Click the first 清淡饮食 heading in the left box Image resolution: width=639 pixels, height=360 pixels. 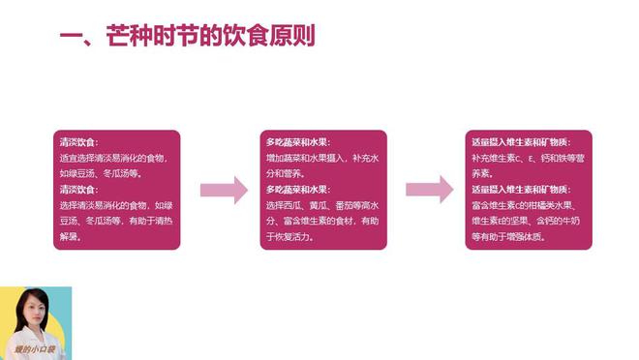tap(78, 142)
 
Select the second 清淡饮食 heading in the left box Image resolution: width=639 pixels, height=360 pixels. tap(78, 189)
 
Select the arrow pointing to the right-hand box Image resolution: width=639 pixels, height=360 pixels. tap(429, 190)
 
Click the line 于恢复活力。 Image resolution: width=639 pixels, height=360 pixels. tap(289, 236)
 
